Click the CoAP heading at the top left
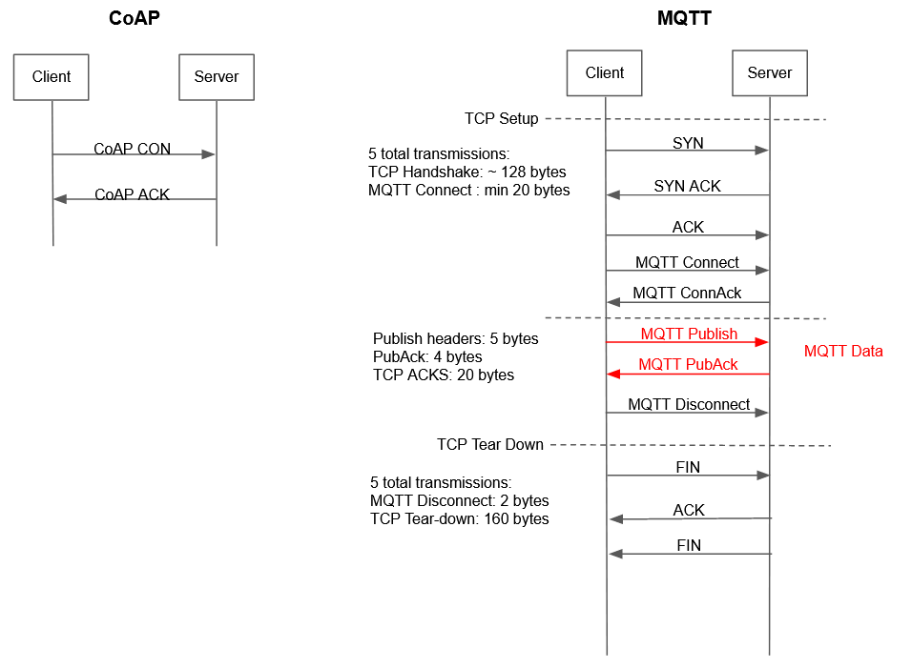click(134, 18)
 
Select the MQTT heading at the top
click(684, 18)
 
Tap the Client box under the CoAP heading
click(52, 76)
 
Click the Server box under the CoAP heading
click(217, 76)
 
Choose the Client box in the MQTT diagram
click(605, 72)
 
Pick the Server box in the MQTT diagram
click(770, 72)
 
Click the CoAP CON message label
click(133, 149)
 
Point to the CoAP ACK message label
click(133, 194)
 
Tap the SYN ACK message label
click(688, 186)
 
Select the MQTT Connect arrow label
click(687, 262)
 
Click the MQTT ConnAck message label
click(687, 294)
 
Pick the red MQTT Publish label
click(689, 334)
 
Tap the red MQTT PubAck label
click(688, 364)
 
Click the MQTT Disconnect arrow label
click(689, 404)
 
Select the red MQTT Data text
click(843, 351)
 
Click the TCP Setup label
click(502, 119)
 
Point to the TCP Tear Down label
click(490, 444)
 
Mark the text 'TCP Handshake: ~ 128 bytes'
click(466, 172)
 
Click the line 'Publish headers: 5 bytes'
click(455, 338)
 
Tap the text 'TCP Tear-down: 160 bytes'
click(459, 518)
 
